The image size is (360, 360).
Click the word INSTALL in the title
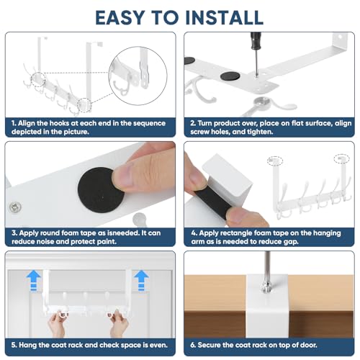[225, 17]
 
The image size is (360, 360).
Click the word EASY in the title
[120, 17]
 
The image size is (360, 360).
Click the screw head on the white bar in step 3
[15, 207]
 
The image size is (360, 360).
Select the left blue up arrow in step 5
[33, 280]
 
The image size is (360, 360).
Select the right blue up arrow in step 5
[141, 280]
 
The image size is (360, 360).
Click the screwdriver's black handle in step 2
[256, 41]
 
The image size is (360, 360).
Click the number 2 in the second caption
[193, 123]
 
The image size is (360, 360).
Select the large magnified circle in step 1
[138, 76]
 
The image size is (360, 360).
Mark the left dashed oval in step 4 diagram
[275, 161]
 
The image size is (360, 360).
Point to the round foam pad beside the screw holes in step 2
[230, 76]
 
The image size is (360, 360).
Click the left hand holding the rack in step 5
[57, 323]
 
